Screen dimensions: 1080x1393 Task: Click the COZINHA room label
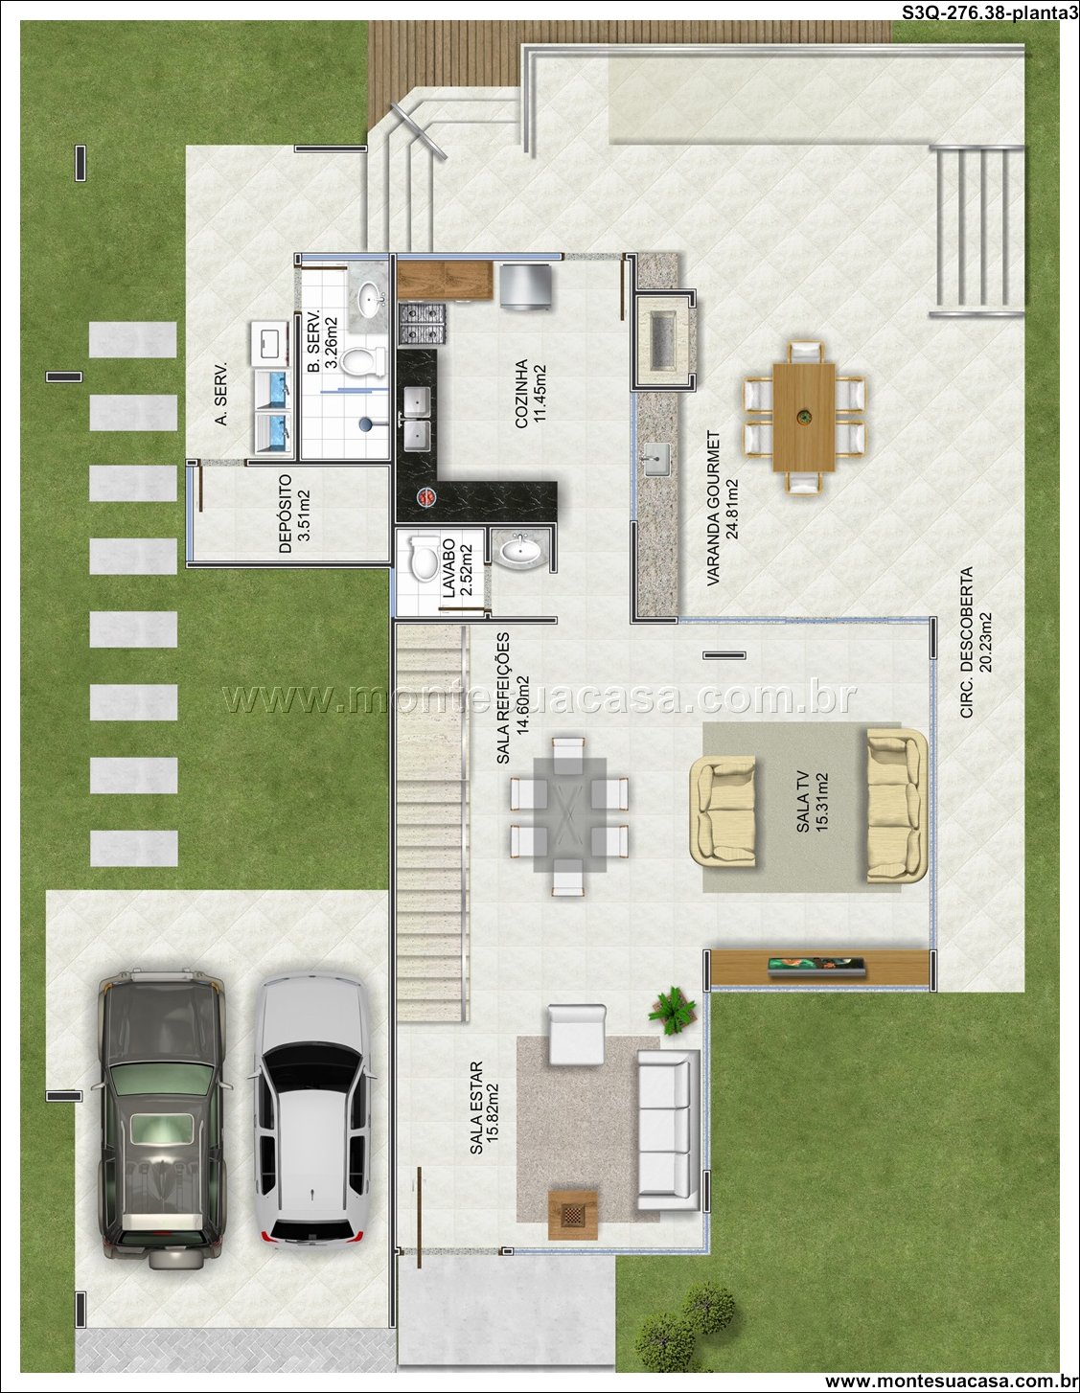(521, 393)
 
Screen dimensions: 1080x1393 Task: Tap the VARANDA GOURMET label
(713, 508)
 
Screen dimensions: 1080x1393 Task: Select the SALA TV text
(803, 802)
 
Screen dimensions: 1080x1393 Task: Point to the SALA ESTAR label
(476, 1108)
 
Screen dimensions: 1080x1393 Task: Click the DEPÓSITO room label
(286, 514)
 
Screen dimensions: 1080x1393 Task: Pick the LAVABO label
(448, 568)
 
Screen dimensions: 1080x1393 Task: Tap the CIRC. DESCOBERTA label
(967, 642)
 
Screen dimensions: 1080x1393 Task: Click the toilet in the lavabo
(425, 558)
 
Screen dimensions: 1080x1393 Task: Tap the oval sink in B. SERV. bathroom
(370, 299)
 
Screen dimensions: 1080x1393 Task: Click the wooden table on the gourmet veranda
(804, 418)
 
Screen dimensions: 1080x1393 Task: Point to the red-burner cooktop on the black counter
(425, 495)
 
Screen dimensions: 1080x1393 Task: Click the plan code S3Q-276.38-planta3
(990, 12)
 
